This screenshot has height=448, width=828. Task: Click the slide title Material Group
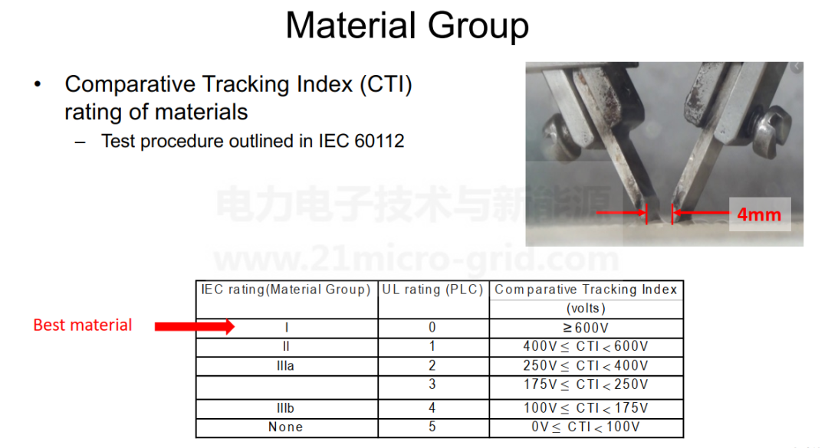407,26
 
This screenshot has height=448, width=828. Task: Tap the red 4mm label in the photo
759,214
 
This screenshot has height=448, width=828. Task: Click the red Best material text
82,325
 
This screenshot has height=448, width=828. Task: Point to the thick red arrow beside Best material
194,327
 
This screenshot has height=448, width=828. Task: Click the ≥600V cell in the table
586,328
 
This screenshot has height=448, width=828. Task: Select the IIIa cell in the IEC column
286,366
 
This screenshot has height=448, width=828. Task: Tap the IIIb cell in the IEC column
286,408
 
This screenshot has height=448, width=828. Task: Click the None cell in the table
286,427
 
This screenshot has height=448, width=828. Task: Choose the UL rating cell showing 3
432,384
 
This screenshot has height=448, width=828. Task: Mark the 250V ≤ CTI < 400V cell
586,366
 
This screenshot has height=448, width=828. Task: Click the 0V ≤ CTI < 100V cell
586,427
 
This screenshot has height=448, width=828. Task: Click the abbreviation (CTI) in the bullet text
386,84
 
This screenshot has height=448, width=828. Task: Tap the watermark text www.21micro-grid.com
416,259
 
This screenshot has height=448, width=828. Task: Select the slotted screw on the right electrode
771,129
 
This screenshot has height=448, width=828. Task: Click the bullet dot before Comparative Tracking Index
38,84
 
